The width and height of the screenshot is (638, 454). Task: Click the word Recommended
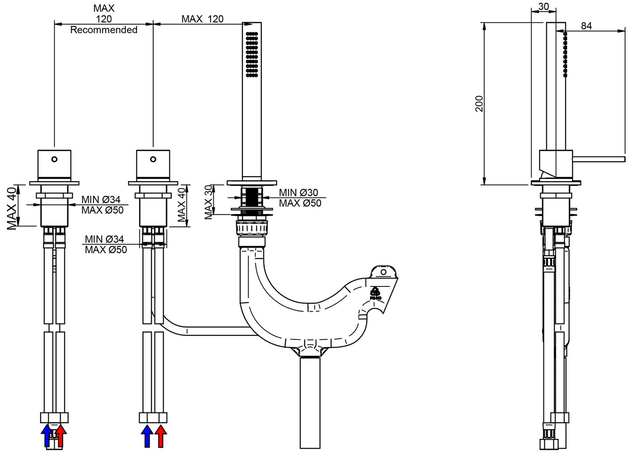point(104,30)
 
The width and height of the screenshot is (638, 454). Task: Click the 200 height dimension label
point(479,104)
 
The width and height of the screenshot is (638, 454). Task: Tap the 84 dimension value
point(586,26)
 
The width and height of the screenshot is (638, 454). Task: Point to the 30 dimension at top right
point(544,6)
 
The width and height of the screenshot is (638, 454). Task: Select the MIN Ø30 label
point(298,192)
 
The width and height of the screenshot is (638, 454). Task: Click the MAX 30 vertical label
point(209,202)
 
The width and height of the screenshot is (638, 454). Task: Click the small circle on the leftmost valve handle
point(54,159)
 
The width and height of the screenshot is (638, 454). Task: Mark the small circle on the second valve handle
point(153,159)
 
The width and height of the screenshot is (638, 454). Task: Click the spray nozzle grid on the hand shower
point(252,54)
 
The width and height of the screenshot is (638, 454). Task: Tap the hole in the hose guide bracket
point(383,272)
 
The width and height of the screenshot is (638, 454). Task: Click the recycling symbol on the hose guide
point(375,294)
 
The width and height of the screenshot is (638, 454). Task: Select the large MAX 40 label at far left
point(12,208)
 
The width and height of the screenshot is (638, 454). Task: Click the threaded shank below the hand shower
point(252,201)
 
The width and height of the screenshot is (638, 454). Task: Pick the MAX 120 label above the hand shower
point(203,19)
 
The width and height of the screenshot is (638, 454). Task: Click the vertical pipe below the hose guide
point(310,403)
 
